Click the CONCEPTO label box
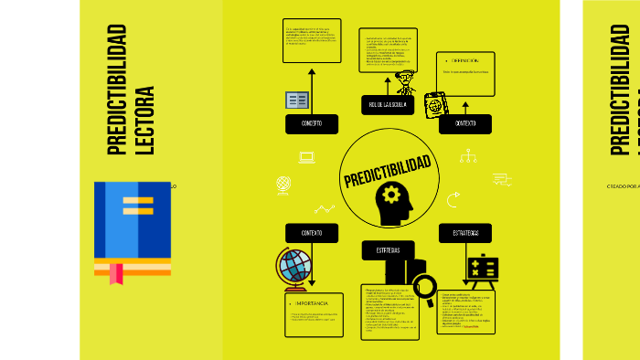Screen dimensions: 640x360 coord(312,124)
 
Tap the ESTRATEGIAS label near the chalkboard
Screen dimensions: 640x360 coord(465,233)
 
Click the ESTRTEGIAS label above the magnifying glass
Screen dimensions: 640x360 coord(387,250)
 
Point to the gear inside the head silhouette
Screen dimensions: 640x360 coord(392,194)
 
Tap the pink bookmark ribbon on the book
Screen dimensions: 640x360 coord(117,273)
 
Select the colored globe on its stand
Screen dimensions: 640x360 coord(295,266)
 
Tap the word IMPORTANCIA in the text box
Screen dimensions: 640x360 coord(311,302)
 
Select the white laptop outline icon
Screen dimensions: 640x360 coord(307,157)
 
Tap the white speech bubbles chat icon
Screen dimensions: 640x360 coord(502,179)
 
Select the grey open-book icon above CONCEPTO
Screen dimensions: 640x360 coord(297,100)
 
